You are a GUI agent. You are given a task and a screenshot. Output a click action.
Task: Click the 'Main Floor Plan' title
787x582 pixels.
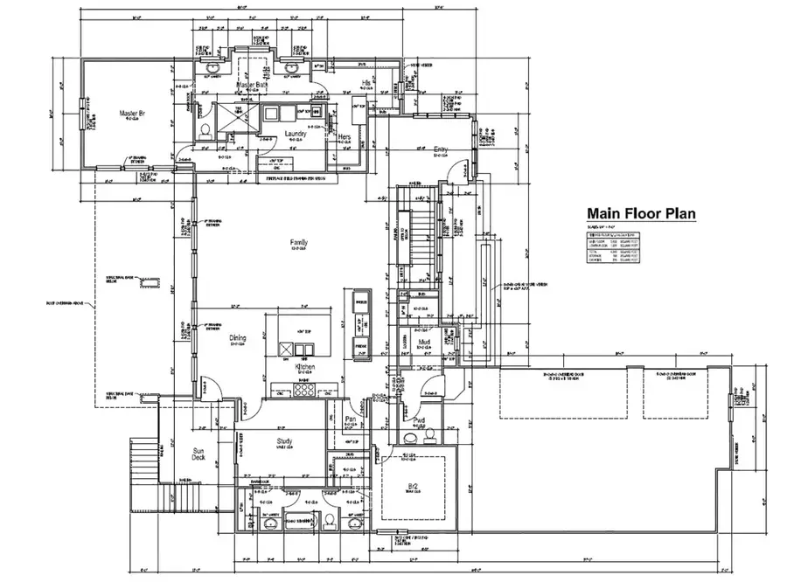click(641, 213)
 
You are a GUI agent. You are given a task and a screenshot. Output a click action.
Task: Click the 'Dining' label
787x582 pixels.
click(237, 338)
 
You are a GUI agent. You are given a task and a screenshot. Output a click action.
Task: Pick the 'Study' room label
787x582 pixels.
click(284, 441)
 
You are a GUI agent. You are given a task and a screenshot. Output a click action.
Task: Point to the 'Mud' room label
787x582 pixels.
click(423, 343)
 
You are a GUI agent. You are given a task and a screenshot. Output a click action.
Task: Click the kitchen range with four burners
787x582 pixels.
click(303, 391)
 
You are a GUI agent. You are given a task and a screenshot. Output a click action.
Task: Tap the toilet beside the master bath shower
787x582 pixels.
click(204, 130)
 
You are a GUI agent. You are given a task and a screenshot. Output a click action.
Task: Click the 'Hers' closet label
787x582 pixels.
click(344, 137)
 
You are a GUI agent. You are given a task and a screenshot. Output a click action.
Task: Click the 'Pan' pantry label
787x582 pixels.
click(349, 420)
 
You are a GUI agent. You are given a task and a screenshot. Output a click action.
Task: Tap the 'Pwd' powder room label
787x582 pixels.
click(421, 421)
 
